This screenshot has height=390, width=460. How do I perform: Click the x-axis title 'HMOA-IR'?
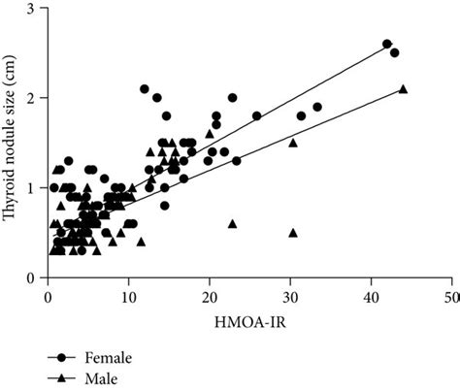(x=248, y=319)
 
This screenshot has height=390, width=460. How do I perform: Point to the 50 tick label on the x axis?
(x=450, y=295)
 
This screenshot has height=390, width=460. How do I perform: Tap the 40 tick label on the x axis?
(x=370, y=295)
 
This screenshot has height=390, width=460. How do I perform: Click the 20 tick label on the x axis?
(x=209, y=295)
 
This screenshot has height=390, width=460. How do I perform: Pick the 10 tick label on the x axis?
(x=128, y=295)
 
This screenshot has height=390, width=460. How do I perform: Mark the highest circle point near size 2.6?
(x=386, y=45)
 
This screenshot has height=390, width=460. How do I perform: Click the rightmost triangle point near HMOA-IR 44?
(x=403, y=89)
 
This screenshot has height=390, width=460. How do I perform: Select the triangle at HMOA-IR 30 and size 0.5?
(x=292, y=233)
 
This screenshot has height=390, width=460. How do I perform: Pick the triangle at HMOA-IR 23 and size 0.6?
(x=233, y=223)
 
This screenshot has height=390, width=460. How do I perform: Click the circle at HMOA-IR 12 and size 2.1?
(x=145, y=89)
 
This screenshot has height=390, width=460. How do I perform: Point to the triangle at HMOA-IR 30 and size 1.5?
(x=292, y=143)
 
